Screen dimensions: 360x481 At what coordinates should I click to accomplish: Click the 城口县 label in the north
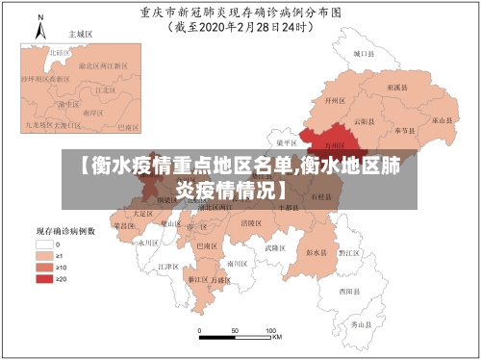(x=362, y=55)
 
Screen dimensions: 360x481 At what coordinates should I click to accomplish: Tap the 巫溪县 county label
(x=395, y=87)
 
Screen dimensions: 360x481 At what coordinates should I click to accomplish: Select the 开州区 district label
(x=336, y=99)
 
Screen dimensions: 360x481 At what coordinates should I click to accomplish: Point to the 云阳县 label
(x=361, y=121)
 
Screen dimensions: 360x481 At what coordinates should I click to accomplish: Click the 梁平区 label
(x=286, y=141)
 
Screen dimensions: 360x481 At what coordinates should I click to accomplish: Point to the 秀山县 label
(x=360, y=325)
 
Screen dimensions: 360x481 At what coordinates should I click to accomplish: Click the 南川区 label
(x=236, y=262)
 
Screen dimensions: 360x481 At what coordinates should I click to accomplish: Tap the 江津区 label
(x=167, y=266)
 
